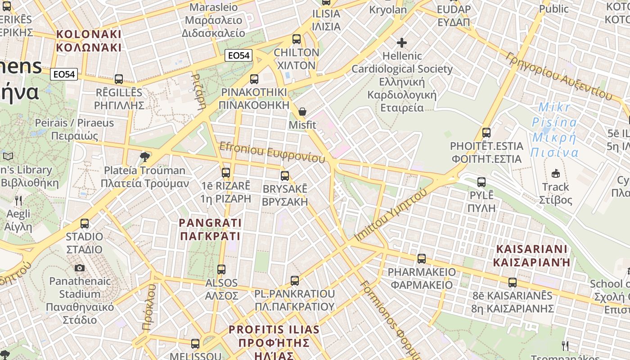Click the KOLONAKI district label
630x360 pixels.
pos(89,40)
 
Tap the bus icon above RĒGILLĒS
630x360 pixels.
pos(119,79)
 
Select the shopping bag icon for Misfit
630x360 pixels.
pos(302,112)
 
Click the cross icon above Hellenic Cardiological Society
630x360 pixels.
pos(402,43)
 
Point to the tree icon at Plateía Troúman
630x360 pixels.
pos(145,157)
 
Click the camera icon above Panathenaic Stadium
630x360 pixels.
pos(80,268)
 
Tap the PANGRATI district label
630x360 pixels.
pos(210,229)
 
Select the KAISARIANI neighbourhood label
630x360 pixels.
pos(531,256)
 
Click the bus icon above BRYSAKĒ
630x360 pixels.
pos(285,175)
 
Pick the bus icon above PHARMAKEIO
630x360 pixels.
pos(422,259)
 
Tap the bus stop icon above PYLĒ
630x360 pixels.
pos(481,182)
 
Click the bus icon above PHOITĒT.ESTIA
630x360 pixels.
pos(486,133)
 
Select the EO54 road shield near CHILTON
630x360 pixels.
pos(238,55)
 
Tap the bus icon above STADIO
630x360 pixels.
pos(85,223)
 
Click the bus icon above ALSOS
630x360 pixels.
pos(221,270)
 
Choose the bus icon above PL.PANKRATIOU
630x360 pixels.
pos(295,281)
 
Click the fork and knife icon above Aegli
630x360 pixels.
pos(18,200)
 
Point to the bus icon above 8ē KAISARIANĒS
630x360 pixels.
pos(513,283)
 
